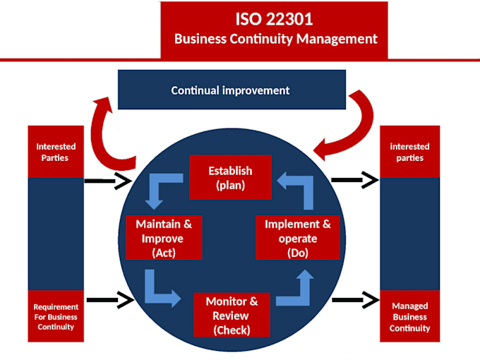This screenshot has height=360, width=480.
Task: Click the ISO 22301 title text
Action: point(274,18)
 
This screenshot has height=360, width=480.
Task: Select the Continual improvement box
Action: point(231,90)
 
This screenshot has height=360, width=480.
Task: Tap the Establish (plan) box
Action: point(230,177)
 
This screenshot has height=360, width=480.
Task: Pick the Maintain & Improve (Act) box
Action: point(164,238)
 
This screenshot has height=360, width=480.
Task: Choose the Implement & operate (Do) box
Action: point(297,238)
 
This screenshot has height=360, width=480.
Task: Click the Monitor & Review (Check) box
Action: point(232,315)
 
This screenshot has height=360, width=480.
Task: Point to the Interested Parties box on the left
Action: point(55,152)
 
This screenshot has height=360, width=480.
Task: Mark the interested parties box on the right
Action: point(409,152)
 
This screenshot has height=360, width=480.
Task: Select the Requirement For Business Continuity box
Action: point(55,317)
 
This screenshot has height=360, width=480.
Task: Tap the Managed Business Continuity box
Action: point(409,317)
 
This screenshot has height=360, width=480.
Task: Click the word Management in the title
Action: point(336,40)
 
